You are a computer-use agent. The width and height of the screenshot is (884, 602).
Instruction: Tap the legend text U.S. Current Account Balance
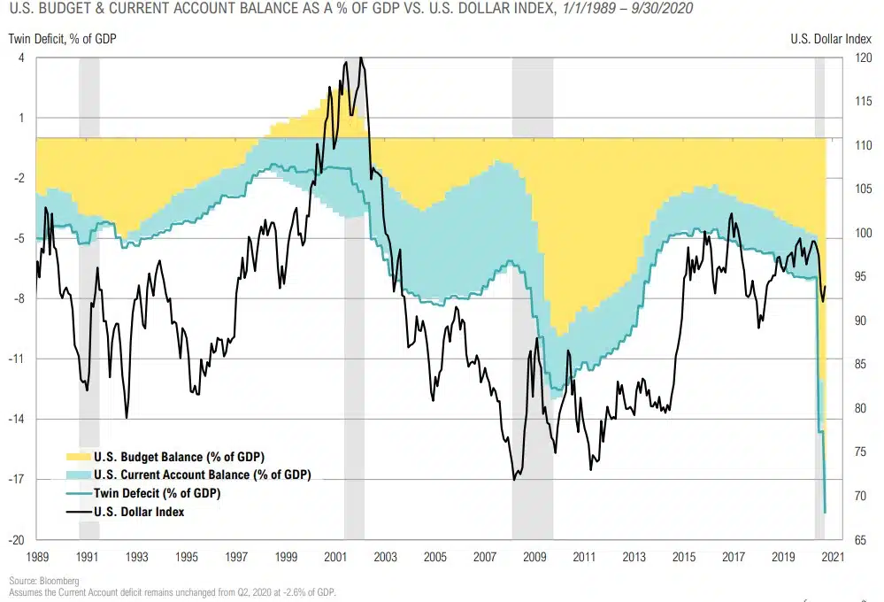[202, 475]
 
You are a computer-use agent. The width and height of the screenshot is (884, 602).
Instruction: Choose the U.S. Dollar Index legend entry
[139, 511]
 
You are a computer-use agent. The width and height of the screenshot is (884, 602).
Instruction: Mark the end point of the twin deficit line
[825, 512]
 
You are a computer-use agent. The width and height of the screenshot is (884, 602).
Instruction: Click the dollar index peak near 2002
[360, 58]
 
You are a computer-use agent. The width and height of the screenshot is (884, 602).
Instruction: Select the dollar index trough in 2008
[514, 479]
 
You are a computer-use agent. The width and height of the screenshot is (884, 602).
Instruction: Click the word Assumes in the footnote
[27, 592]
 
